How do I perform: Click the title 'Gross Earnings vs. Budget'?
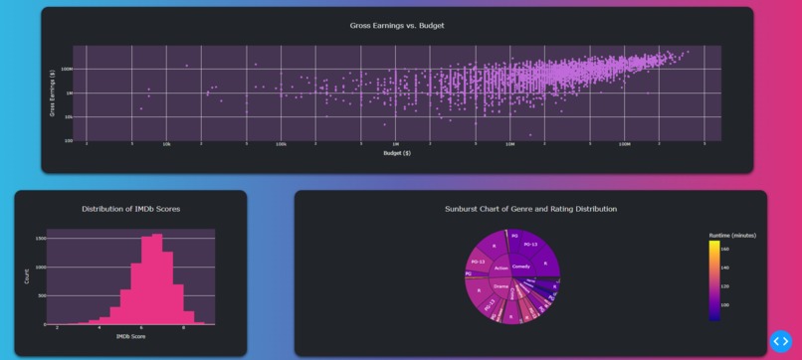[397, 25]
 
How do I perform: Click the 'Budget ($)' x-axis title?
[397, 153]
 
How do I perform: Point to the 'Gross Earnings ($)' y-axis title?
[52, 93]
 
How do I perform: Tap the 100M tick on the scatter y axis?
[67, 69]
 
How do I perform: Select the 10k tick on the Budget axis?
[166, 144]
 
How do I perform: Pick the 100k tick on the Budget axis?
[282, 144]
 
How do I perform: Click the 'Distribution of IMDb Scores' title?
[130, 209]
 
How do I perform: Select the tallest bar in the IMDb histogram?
[156, 279]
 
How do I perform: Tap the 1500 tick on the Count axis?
[40, 239]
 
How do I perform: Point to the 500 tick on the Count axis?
[41, 295]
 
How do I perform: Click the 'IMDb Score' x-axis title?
[130, 336]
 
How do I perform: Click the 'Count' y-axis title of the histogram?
[27, 277]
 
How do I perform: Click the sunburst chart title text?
[530, 209]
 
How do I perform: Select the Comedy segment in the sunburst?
[520, 267]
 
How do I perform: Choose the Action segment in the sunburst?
[501, 268]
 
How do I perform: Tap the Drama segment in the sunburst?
[501, 286]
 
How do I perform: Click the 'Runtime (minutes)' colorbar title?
[731, 235]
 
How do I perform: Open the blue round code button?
[780, 341]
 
